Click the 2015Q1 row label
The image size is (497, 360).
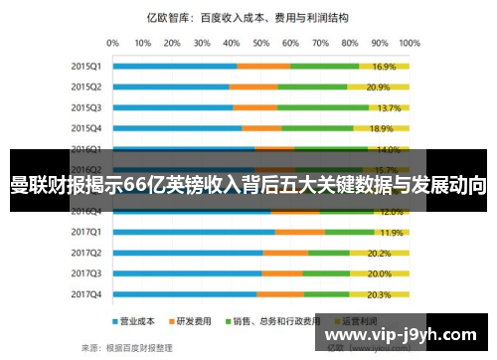tap(86, 66)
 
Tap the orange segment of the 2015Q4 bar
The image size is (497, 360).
tap(261, 128)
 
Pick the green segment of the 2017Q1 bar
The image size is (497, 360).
tap(348, 232)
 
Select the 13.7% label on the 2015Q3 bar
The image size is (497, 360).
tap(389, 107)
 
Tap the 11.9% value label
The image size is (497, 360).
tap(391, 232)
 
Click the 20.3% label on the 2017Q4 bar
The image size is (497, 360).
tap(379, 294)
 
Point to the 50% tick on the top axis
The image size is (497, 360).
tap(261, 44)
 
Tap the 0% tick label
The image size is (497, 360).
tap(112, 44)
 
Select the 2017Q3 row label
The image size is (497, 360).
tap(86, 273)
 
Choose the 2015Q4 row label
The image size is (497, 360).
tap(86, 128)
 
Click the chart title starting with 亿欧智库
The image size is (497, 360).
tap(260, 17)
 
